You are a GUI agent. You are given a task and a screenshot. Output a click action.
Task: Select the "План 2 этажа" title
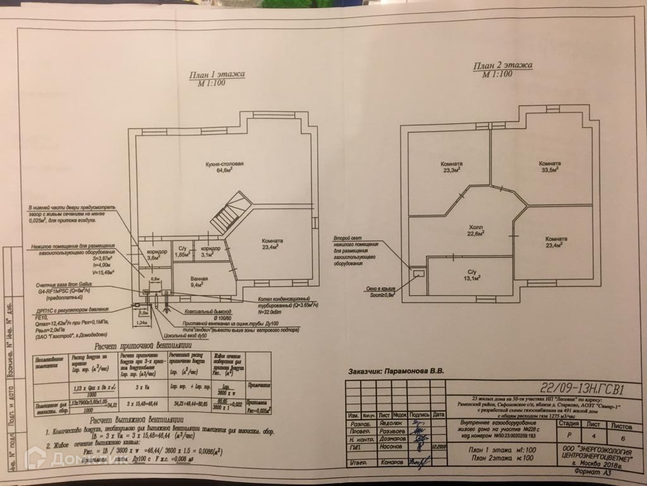point(502,66)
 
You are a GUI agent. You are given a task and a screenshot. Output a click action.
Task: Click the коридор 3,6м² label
point(155,255)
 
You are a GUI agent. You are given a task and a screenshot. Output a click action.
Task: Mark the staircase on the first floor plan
point(229,213)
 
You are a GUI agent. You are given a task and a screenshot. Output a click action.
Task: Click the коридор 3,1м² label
point(207,251)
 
